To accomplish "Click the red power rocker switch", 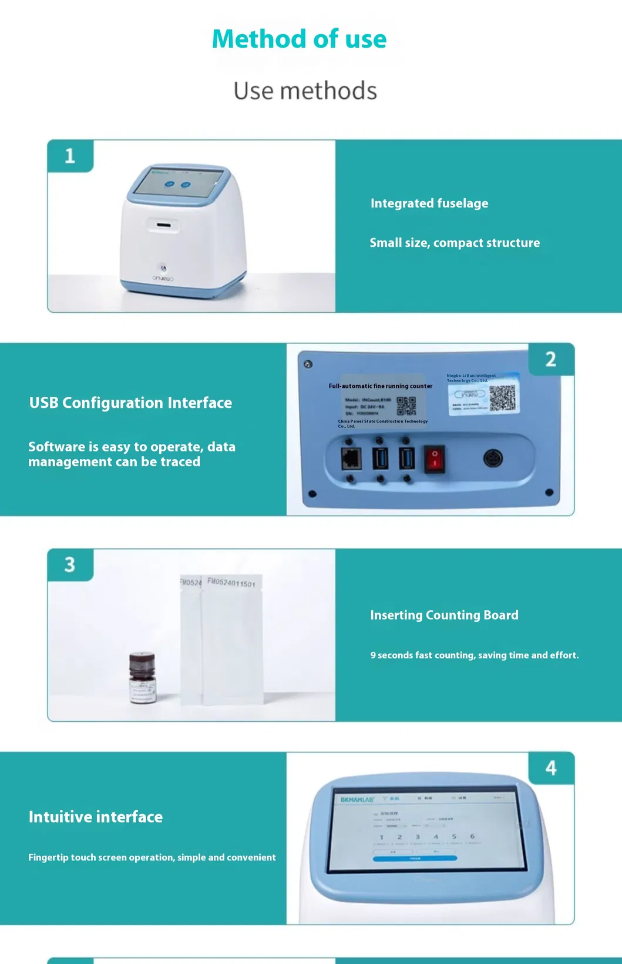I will (x=435, y=458).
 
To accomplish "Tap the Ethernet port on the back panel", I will (x=351, y=458).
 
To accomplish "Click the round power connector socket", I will (x=492, y=458).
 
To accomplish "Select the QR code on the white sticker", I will (x=502, y=399).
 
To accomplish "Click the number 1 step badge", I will (x=70, y=156).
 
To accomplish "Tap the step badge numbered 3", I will (x=70, y=565).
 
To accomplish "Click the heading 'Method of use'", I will (x=299, y=39).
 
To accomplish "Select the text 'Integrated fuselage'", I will (x=429, y=203).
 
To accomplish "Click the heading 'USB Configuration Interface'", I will (x=130, y=403).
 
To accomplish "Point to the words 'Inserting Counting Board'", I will (x=444, y=615).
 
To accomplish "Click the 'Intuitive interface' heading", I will (x=96, y=816).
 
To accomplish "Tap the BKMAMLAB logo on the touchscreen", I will (x=357, y=799).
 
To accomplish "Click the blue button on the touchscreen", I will (x=415, y=858).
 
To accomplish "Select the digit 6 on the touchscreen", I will (x=472, y=836).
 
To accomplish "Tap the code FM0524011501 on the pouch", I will (x=231, y=583).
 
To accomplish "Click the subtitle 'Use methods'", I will (x=305, y=91).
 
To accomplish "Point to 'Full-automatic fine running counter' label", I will (x=381, y=386).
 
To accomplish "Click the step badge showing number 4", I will (x=551, y=768).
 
